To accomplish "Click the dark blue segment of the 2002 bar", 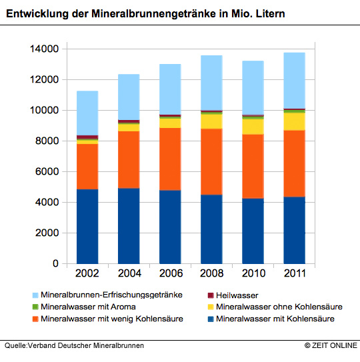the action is tap(87, 227).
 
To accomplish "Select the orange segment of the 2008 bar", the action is tap(211, 162).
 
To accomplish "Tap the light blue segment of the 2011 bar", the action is tap(295, 81).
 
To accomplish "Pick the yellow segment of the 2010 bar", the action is tap(253, 127).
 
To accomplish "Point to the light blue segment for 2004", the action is tap(129, 97).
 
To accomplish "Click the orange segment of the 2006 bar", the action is tap(170, 159).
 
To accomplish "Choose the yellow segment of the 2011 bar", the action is tap(295, 122).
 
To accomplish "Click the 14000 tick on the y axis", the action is tap(45, 49).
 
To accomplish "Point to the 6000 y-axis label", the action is tap(47, 171).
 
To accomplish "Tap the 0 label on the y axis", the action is tap(55, 263).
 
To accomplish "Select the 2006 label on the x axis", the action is tap(171, 273).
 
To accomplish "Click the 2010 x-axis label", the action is tap(253, 273).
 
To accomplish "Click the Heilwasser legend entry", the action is tap(233, 295).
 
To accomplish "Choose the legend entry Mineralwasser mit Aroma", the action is tap(84, 307).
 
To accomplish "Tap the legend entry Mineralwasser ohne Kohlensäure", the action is tap(275, 307).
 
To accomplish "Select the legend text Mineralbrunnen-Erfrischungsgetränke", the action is tap(111, 295).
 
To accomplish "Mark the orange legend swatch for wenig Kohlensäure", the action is tap(35, 319).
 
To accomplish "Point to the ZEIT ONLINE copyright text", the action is tap(331, 345).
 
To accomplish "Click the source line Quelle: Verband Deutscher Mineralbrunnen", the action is tap(74, 345).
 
